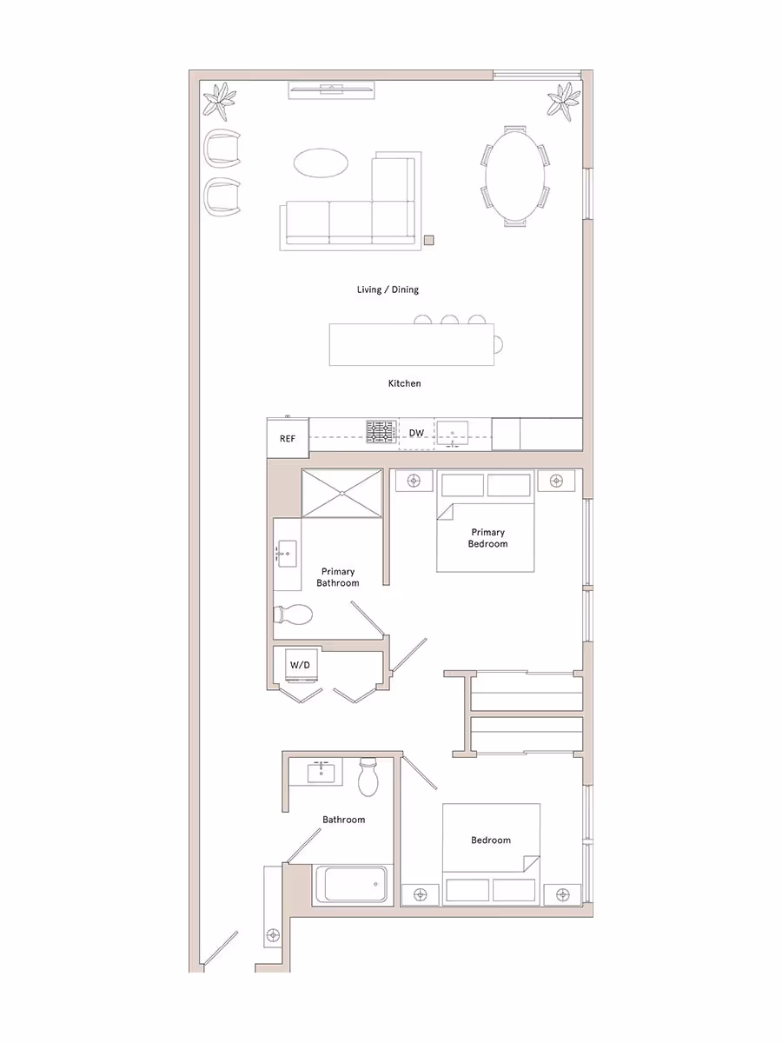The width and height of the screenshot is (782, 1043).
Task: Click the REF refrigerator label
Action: coord(288,439)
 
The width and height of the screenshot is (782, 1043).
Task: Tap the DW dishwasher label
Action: coord(417,432)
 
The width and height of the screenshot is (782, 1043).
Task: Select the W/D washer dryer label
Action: coord(300,665)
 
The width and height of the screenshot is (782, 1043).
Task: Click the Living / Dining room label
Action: coord(388,289)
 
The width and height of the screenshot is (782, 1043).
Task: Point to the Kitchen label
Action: coord(404,382)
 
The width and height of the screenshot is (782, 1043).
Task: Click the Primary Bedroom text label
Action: coord(487,538)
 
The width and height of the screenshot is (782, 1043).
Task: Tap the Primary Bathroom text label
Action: coord(337,577)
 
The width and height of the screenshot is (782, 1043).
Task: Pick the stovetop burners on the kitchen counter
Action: coord(381,432)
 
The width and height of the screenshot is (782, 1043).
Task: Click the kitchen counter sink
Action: coord(453,432)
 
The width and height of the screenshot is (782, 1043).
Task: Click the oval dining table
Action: coord(515,176)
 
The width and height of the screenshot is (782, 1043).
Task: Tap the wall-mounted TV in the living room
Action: coord(331,88)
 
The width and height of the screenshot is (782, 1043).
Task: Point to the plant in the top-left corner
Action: coord(220,101)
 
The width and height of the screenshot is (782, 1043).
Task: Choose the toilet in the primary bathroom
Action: coord(293,615)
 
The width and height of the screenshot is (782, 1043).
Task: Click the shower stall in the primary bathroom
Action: coord(341,493)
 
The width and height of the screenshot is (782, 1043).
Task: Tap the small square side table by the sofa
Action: coord(429,241)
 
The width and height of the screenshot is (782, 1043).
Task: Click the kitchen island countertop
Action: coord(410,344)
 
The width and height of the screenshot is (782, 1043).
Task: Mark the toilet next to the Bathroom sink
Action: coord(368,776)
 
